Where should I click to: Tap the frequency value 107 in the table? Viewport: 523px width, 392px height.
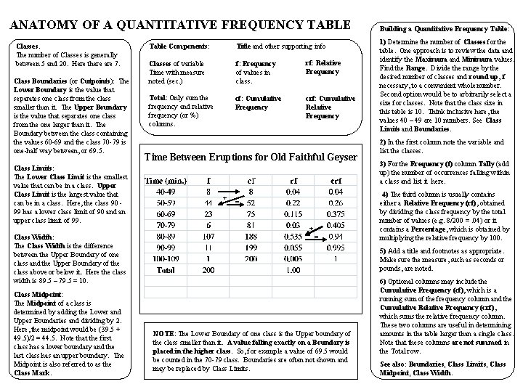click(208, 236)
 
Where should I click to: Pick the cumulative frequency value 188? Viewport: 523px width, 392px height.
click(251, 236)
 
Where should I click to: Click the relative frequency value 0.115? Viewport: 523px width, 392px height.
click(293, 214)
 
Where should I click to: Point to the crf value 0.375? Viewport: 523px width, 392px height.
click(336, 214)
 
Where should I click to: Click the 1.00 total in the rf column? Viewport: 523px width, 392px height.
click(293, 269)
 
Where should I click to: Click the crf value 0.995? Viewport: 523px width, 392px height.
click(336, 247)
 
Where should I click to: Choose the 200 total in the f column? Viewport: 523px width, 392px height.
click(208, 269)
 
